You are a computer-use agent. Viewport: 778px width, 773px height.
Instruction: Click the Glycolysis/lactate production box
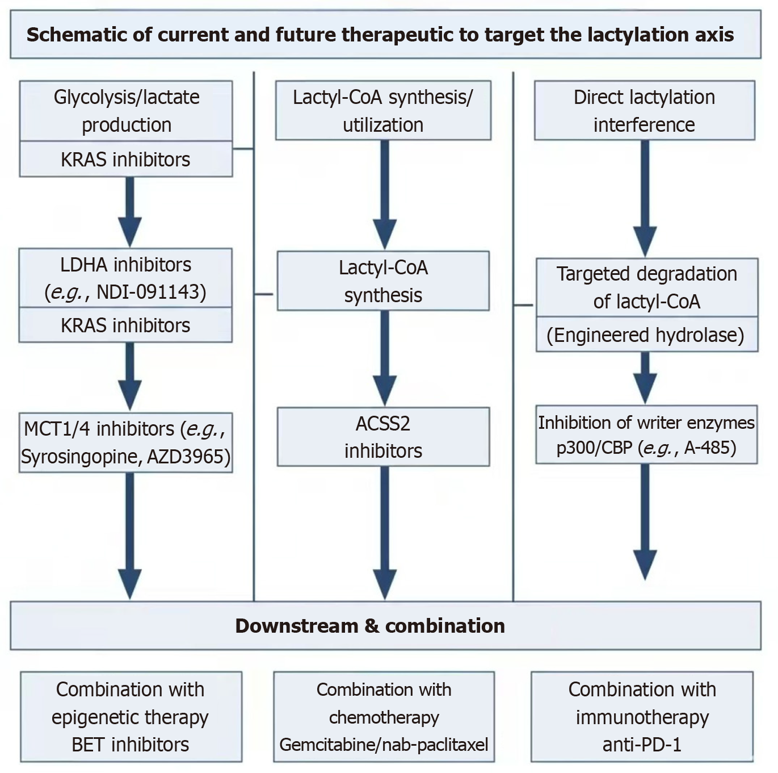(x=126, y=111)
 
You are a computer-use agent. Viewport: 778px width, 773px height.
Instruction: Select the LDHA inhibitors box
(x=125, y=278)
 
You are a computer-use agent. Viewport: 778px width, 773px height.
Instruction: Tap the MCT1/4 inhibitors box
(x=125, y=442)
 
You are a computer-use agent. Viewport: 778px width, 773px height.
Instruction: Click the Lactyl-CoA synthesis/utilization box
(x=383, y=110)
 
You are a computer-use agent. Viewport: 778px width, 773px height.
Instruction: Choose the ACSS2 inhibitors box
(x=383, y=437)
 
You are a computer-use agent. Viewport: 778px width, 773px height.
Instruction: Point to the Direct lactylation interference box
(x=644, y=110)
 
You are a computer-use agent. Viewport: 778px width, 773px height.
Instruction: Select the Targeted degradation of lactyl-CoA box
(x=646, y=287)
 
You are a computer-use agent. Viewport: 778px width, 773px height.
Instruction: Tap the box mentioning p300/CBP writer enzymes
(x=646, y=434)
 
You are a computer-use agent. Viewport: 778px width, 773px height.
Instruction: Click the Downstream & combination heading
(x=370, y=625)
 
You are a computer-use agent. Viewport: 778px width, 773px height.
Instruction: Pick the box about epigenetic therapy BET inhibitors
(x=131, y=717)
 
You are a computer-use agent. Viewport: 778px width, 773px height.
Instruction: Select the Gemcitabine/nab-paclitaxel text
(x=384, y=745)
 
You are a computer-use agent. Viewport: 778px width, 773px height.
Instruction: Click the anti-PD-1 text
(x=642, y=745)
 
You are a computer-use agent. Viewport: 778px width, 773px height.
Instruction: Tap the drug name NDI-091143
(x=151, y=292)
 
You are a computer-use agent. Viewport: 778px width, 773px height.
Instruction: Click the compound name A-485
(x=710, y=448)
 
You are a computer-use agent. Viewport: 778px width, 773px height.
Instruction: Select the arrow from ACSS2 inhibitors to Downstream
(x=384, y=531)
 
